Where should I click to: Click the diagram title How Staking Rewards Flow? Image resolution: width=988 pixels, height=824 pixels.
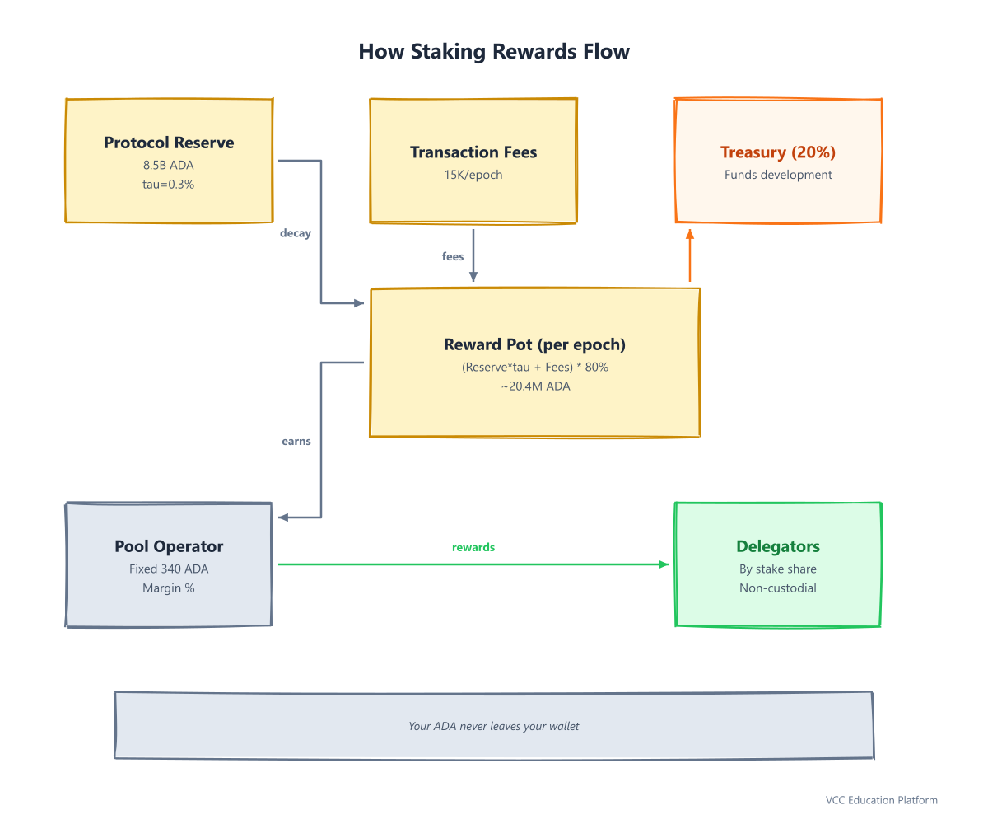[x=493, y=51]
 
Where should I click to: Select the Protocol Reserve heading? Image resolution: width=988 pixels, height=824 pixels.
[x=169, y=143]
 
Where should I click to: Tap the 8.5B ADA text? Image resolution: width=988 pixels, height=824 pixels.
[x=169, y=165]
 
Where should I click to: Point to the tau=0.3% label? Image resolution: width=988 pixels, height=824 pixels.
[x=169, y=185]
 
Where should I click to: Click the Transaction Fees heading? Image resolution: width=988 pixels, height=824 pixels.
[x=473, y=152]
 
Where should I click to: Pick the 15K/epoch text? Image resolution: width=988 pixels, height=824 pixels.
[x=473, y=175]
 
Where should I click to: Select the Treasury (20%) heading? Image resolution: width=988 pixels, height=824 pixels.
[x=778, y=152]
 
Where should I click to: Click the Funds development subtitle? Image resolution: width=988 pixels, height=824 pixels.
[x=778, y=175]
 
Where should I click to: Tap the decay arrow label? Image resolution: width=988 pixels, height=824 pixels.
[x=296, y=233]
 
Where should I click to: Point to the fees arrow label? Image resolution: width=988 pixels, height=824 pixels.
[x=453, y=256]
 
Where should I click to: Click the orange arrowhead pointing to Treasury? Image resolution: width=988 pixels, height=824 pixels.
[x=690, y=234]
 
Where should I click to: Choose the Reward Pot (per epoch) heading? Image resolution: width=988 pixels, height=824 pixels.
[x=534, y=344]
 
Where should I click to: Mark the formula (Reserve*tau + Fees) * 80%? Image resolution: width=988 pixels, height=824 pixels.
[x=535, y=367]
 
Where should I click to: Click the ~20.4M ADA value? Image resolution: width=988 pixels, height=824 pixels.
[x=535, y=386]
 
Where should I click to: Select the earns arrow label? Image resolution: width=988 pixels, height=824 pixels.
[x=296, y=442]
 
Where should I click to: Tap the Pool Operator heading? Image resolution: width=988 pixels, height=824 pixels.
[x=169, y=546]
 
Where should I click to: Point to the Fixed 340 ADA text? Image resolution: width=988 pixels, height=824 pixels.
[x=169, y=569]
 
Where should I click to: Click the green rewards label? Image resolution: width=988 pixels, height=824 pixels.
[x=473, y=547]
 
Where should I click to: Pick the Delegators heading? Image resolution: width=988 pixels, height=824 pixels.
[x=778, y=546]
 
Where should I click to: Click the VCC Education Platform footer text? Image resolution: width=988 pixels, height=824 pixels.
[x=882, y=800]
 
